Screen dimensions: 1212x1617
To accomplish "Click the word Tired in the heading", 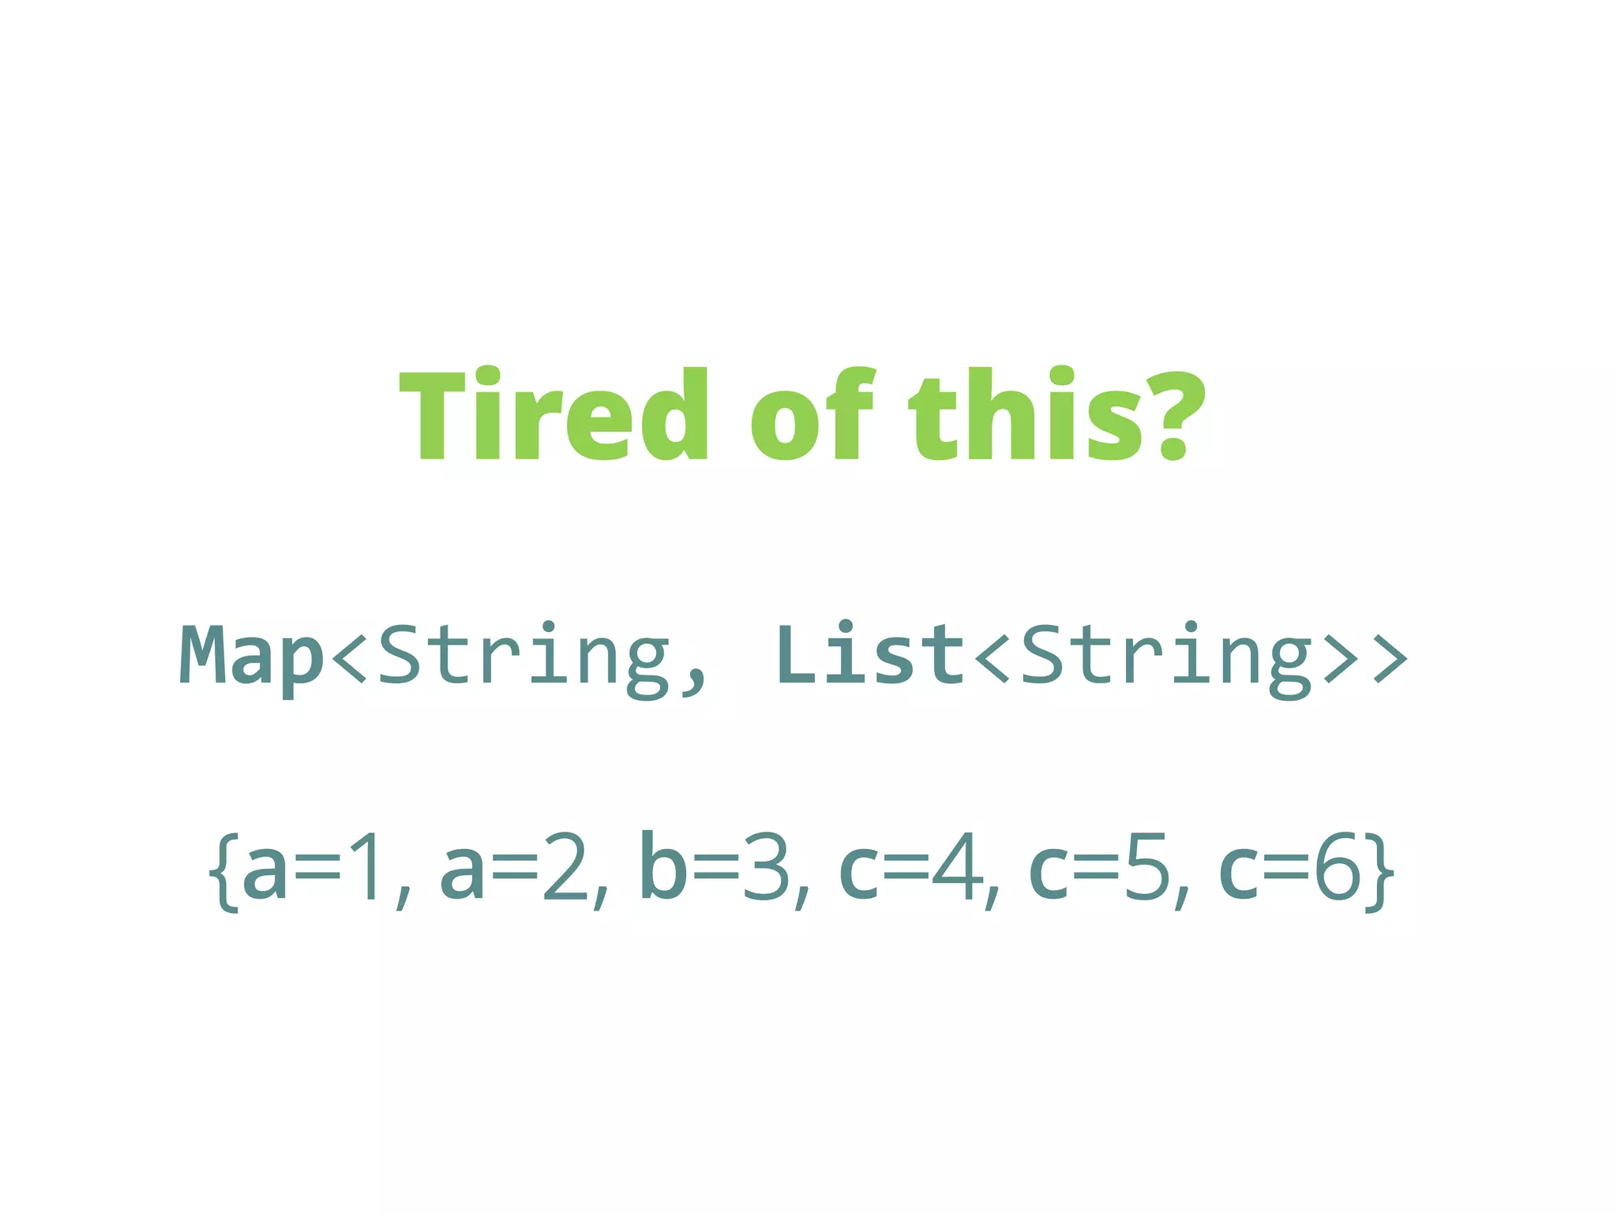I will click(x=553, y=414).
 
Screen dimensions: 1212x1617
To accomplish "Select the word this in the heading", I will click(x=1026, y=414).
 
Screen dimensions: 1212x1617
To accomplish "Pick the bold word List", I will click(x=869, y=655).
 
